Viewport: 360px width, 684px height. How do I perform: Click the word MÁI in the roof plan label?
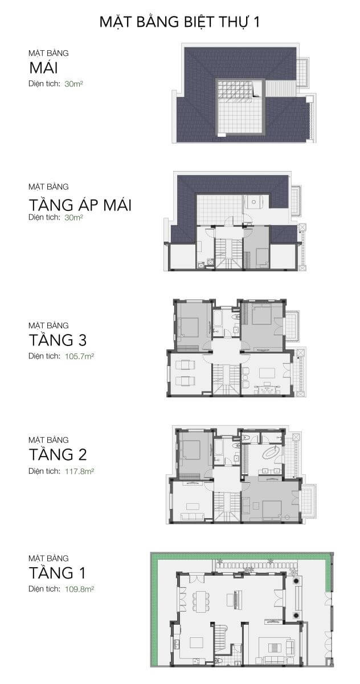coord(43,68)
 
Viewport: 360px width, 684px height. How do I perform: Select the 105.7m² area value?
coord(79,356)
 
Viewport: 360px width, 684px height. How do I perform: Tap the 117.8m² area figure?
coord(79,471)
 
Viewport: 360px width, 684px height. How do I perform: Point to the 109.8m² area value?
coord(79,589)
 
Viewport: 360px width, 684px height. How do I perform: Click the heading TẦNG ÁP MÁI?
coord(80,205)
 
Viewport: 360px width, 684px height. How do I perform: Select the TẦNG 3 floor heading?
coord(58,340)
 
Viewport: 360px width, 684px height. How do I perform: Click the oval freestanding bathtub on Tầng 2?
coord(271,452)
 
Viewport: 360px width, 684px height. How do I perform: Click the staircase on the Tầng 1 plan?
coord(221,636)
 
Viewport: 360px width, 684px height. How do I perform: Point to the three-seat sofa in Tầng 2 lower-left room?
coord(192,516)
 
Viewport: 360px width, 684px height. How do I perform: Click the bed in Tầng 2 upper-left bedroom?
coord(191,450)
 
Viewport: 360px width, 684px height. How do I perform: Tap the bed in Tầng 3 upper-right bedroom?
coord(261,315)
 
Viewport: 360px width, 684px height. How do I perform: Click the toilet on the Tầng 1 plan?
coord(218,659)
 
